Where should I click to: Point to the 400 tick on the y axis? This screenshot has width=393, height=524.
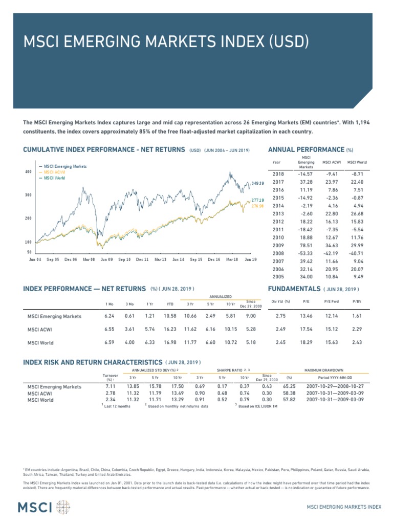[x=28, y=172]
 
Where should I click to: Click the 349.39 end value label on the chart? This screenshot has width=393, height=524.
[x=258, y=183]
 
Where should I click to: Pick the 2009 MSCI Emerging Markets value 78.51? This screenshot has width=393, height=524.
[x=305, y=245]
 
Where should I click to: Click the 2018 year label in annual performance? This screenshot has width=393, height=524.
[x=278, y=174]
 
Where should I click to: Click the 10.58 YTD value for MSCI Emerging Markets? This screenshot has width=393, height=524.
[x=169, y=316]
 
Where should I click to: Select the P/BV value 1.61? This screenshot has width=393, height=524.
[x=357, y=316]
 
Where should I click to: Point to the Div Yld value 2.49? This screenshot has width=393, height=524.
[x=280, y=329]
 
